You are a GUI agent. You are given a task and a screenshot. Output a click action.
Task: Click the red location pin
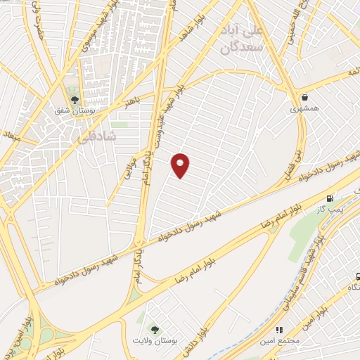click(x=181, y=165)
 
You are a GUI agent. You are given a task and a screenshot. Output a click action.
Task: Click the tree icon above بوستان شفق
click(x=74, y=98)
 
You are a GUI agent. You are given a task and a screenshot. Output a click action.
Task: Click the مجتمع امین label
click(x=281, y=340)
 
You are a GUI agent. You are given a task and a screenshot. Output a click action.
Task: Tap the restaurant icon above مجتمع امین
click(x=279, y=328)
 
